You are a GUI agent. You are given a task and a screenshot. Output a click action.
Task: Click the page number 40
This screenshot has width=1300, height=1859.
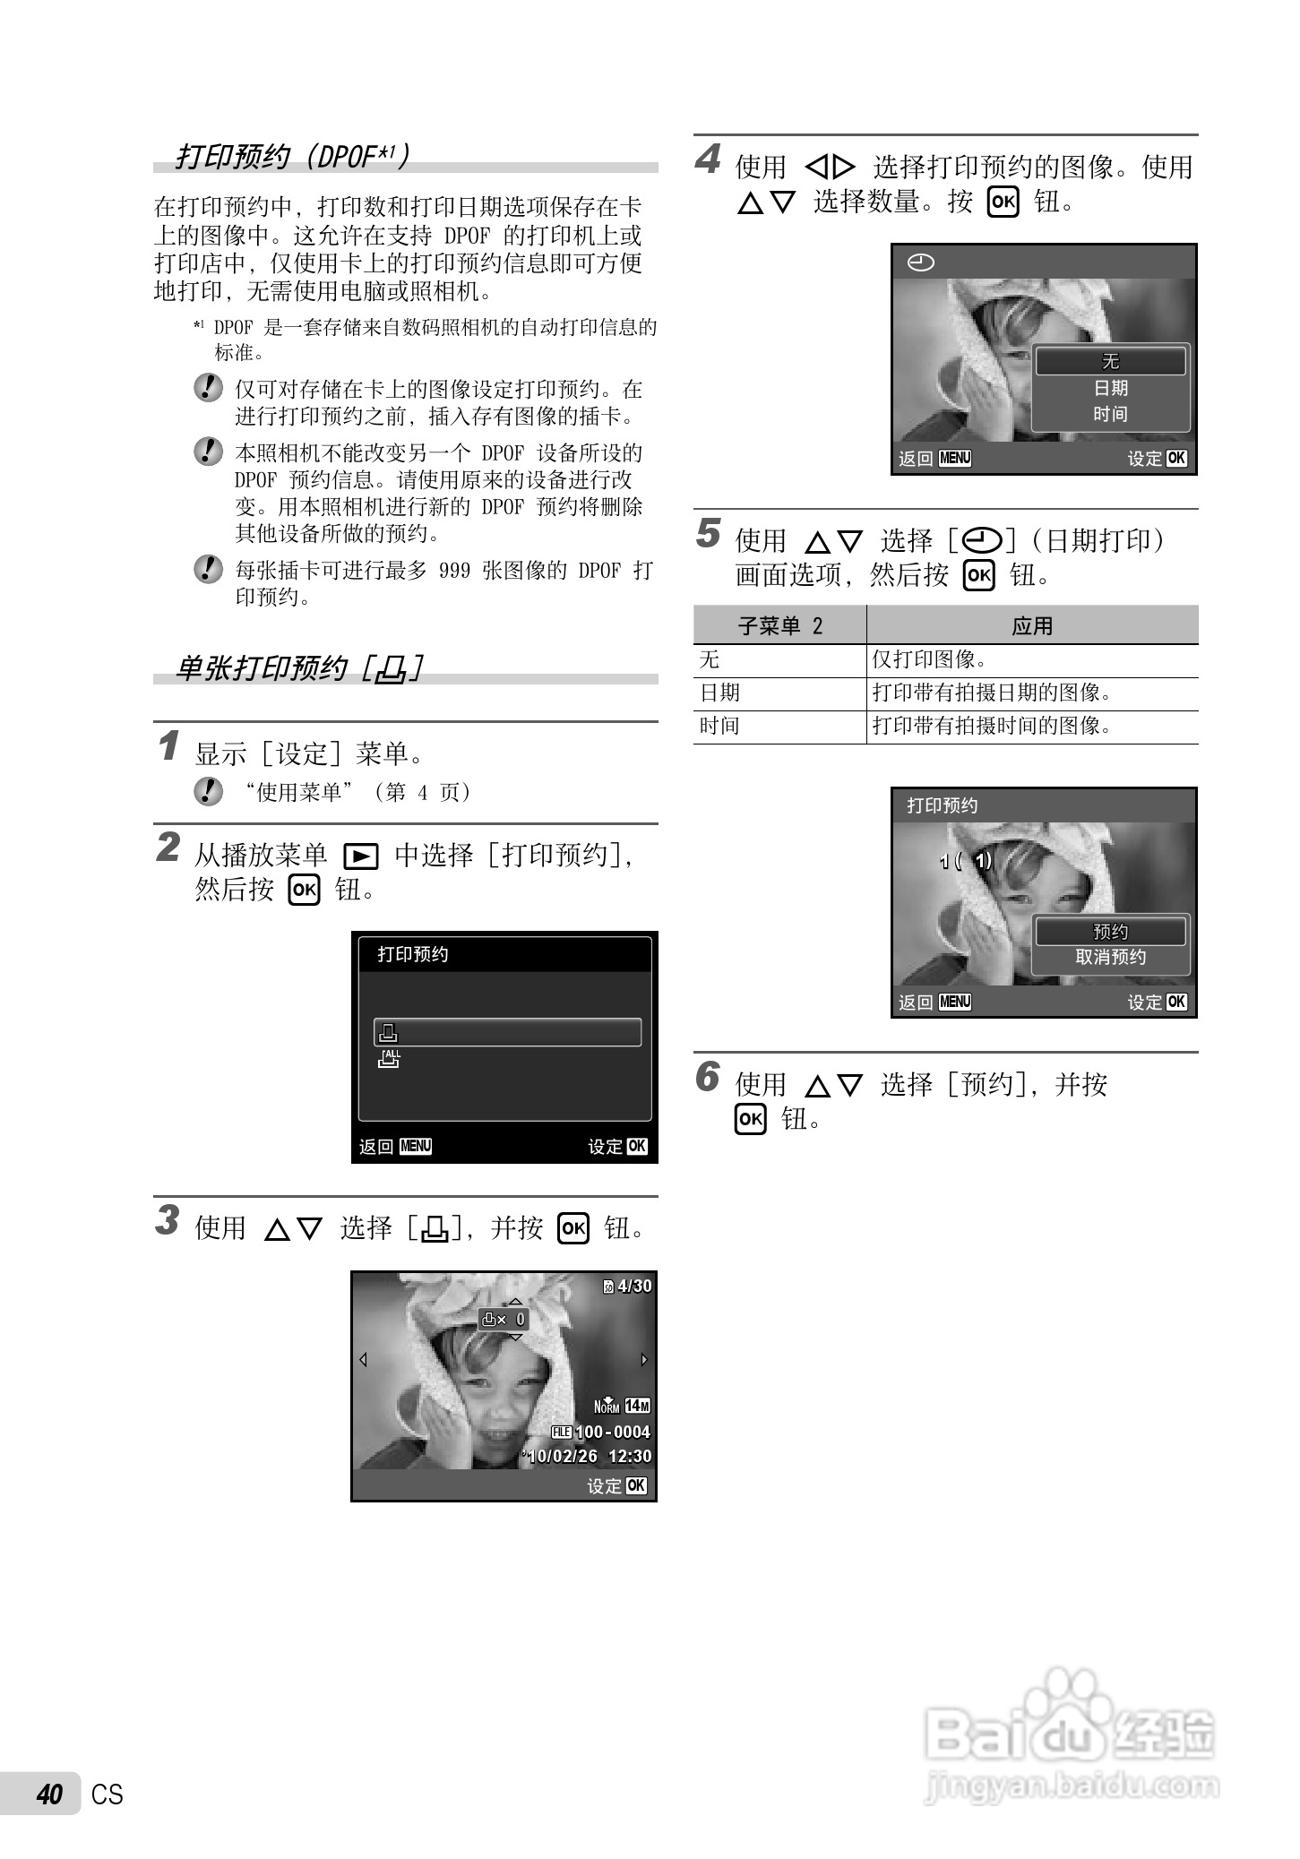(x=50, y=1794)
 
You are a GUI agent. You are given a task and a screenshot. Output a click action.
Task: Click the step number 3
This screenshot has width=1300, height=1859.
(x=168, y=1220)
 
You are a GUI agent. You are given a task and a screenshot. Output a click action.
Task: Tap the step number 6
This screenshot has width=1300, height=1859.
(x=708, y=1077)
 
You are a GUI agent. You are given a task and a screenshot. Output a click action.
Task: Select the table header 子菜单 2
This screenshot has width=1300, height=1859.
(x=779, y=625)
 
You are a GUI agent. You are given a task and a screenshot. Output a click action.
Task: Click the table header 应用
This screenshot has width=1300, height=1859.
(x=1032, y=625)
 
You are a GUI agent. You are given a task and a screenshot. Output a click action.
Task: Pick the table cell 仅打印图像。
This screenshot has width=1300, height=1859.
(x=929, y=659)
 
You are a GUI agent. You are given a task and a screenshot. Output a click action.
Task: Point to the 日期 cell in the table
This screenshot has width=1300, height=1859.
(x=720, y=693)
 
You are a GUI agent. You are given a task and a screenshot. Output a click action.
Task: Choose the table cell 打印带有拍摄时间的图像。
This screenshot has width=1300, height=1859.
(x=992, y=726)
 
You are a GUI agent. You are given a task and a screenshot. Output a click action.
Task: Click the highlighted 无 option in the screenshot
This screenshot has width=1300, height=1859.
(x=1111, y=361)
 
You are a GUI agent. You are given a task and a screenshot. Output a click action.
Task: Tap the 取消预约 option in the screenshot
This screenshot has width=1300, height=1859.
(x=1111, y=957)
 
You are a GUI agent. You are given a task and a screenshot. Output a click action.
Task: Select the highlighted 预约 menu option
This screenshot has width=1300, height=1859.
(x=1111, y=932)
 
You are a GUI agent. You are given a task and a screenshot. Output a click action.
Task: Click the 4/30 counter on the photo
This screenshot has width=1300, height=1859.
(x=628, y=1287)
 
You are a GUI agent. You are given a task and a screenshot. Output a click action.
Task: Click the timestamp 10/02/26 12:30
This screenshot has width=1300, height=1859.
(x=588, y=1456)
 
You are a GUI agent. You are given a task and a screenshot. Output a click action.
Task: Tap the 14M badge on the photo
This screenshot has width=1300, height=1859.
(x=638, y=1406)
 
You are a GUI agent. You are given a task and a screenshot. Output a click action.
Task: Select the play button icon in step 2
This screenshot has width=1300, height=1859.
(x=361, y=857)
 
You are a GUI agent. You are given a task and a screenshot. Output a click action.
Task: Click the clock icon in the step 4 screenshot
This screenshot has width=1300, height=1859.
(x=921, y=262)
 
